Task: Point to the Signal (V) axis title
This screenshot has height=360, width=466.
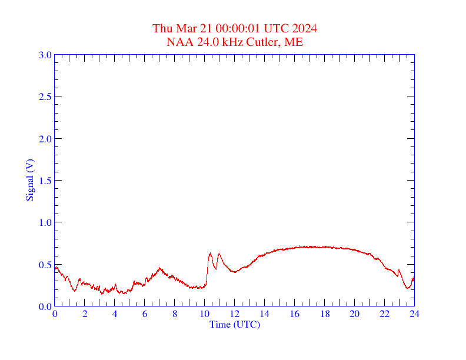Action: [29, 180]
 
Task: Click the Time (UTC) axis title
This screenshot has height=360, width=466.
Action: [234, 324]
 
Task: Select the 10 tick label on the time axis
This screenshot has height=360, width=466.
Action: [205, 314]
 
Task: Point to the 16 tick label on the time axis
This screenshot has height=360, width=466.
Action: [295, 314]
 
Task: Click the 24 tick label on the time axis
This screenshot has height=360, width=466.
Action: [414, 314]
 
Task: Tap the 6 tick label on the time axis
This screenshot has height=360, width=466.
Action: [145, 314]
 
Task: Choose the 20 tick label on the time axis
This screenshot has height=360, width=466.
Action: [355, 314]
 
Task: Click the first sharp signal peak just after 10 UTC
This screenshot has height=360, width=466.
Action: [210, 254]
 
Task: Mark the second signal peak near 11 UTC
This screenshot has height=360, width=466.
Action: [219, 254]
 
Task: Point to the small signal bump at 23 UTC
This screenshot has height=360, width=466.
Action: [399, 270]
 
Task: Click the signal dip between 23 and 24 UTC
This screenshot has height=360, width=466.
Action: [407, 288]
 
